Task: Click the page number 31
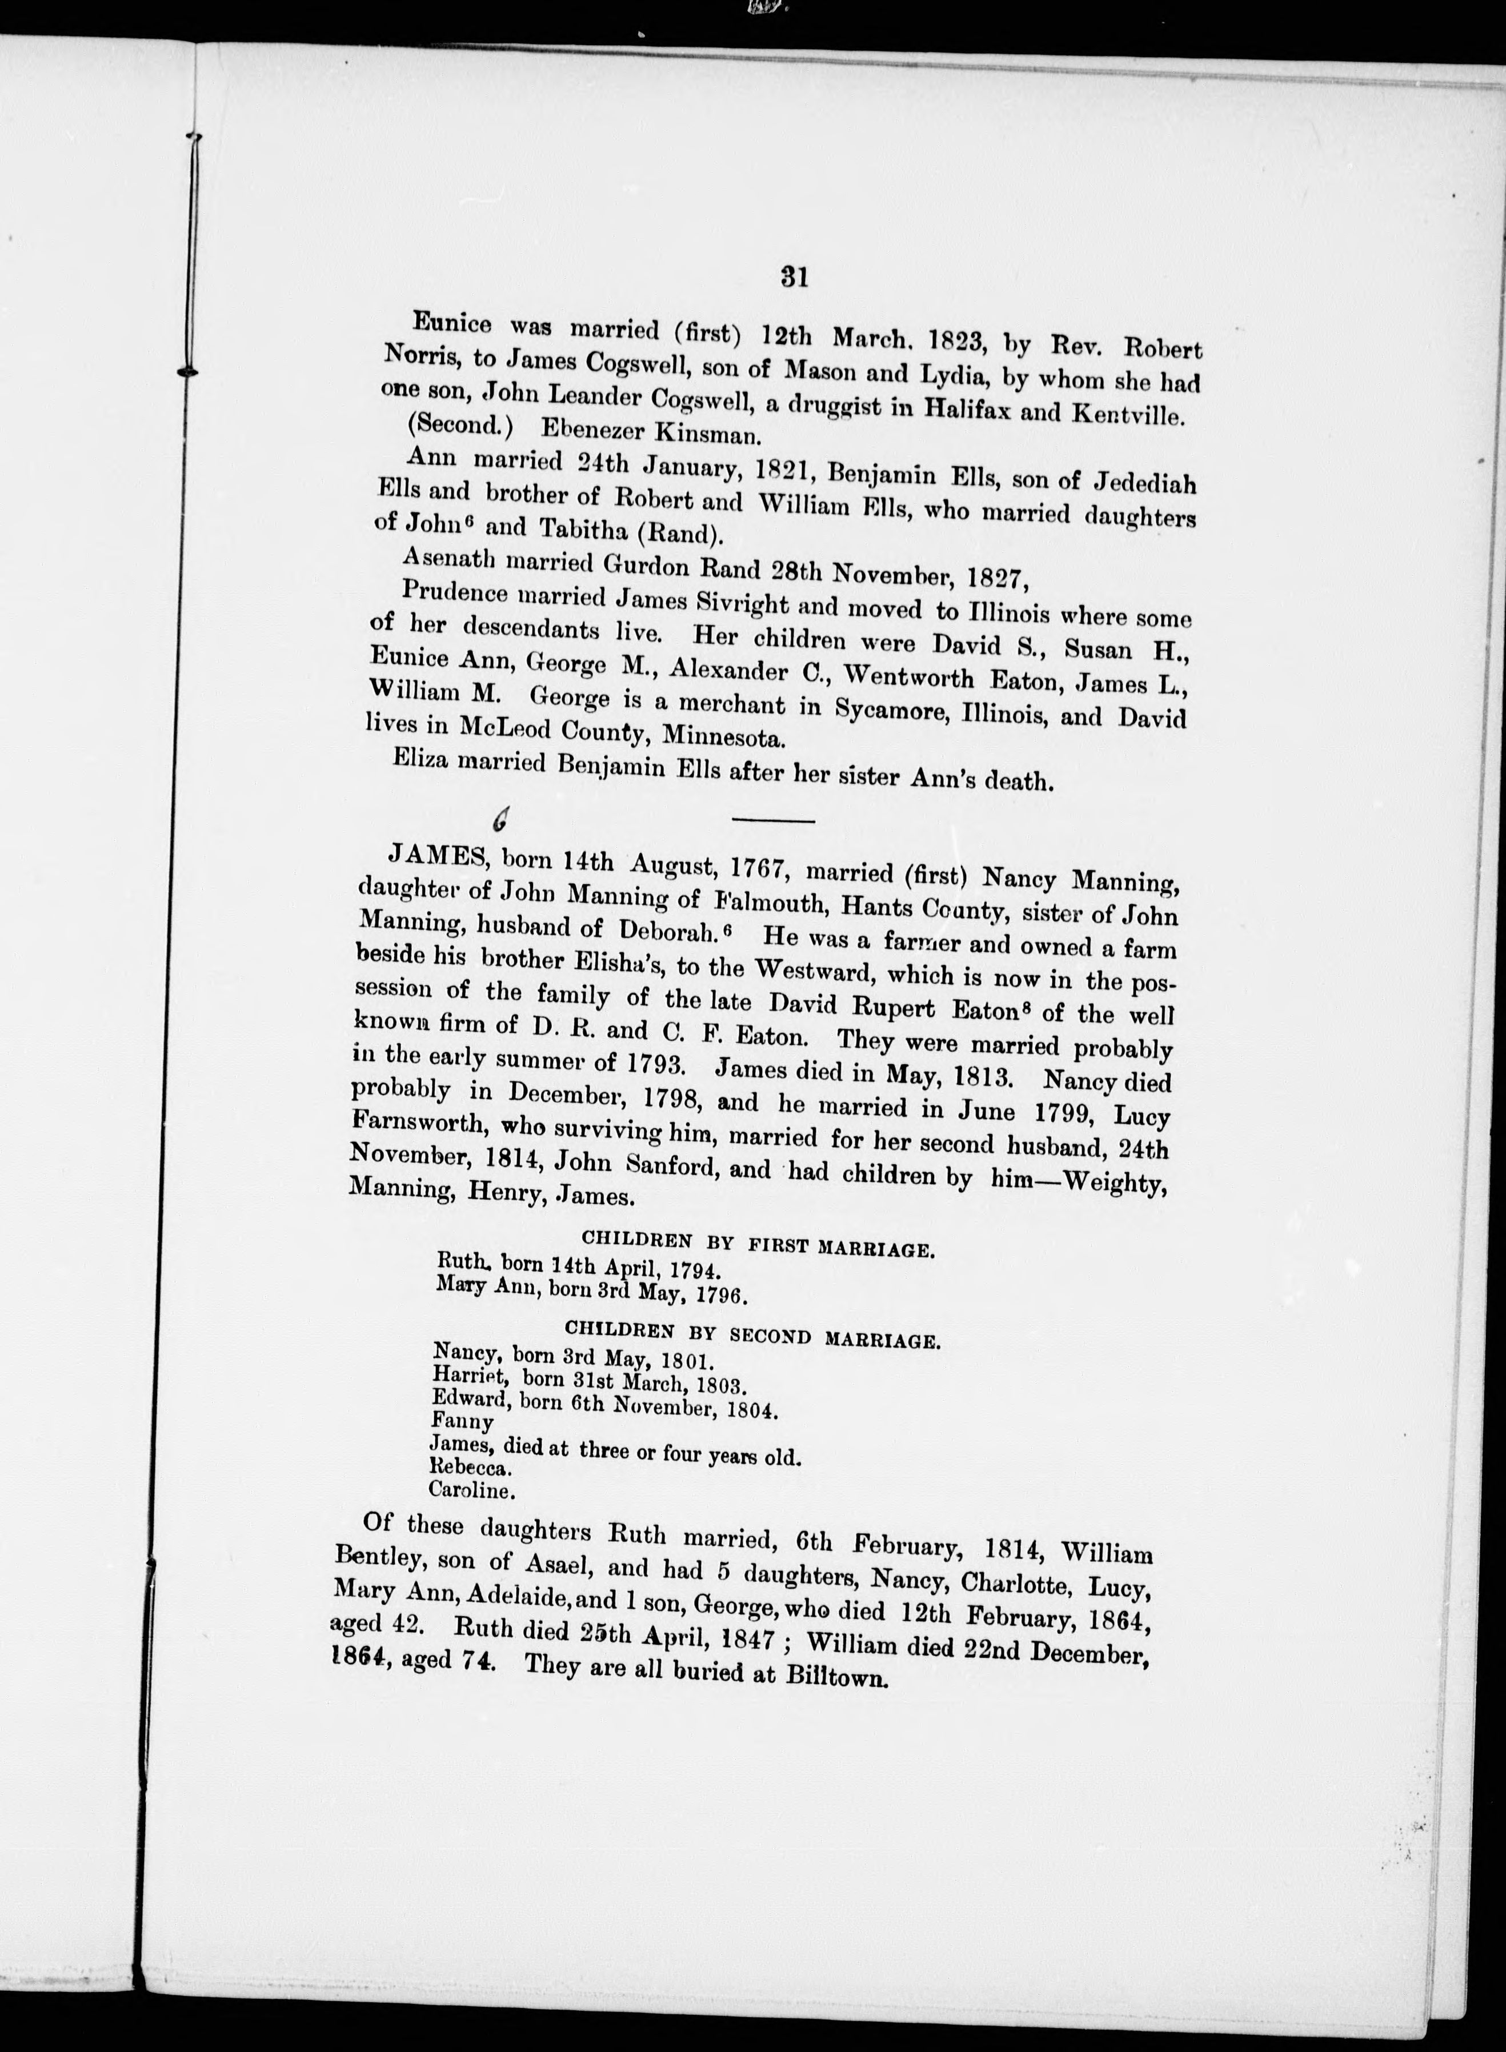(795, 277)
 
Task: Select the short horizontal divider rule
(773, 821)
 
